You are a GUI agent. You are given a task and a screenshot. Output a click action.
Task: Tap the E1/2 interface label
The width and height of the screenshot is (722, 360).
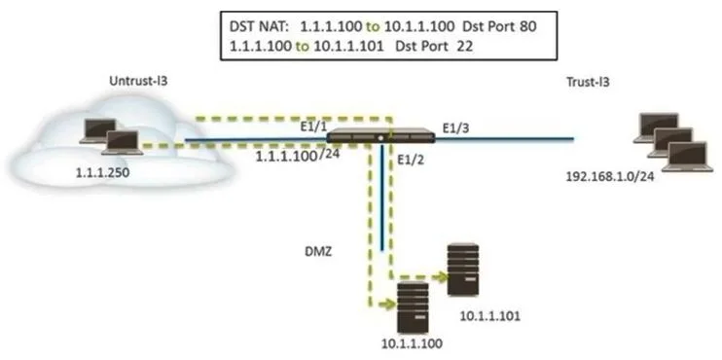[x=408, y=161]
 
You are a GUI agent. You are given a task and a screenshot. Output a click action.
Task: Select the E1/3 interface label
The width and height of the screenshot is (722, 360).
[x=454, y=127]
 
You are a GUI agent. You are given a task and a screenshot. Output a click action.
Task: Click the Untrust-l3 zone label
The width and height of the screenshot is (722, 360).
[x=138, y=81]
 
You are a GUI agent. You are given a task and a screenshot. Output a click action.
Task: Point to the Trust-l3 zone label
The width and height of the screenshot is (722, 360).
[x=588, y=82]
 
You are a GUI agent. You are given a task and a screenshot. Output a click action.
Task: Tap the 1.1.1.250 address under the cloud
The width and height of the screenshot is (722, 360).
[x=103, y=172]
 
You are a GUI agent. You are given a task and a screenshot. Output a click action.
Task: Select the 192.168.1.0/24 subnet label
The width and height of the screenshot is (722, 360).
[x=610, y=176]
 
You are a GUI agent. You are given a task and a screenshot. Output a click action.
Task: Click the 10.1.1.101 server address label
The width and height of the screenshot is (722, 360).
[x=490, y=316]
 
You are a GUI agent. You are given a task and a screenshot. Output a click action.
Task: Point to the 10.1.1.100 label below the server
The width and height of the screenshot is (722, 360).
[x=412, y=343]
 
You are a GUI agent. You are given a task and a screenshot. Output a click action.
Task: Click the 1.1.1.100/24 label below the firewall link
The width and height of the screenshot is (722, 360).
[x=298, y=155]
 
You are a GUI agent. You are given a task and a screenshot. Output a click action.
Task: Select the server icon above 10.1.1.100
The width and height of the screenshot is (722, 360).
[x=413, y=307]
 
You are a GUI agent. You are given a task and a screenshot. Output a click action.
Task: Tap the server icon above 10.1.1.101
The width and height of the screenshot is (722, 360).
[x=462, y=270]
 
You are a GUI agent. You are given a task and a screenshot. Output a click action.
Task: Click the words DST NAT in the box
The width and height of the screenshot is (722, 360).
[x=259, y=26]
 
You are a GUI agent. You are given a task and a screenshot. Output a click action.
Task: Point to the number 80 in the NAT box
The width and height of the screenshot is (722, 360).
[x=527, y=26]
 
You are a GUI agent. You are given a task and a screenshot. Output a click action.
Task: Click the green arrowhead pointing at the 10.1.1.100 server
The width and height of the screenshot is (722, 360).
[x=389, y=305]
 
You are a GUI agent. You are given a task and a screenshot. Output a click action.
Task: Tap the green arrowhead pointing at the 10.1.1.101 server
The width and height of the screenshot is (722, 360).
[x=442, y=277]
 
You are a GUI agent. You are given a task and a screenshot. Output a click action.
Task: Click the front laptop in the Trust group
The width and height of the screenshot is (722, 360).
[x=688, y=157]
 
